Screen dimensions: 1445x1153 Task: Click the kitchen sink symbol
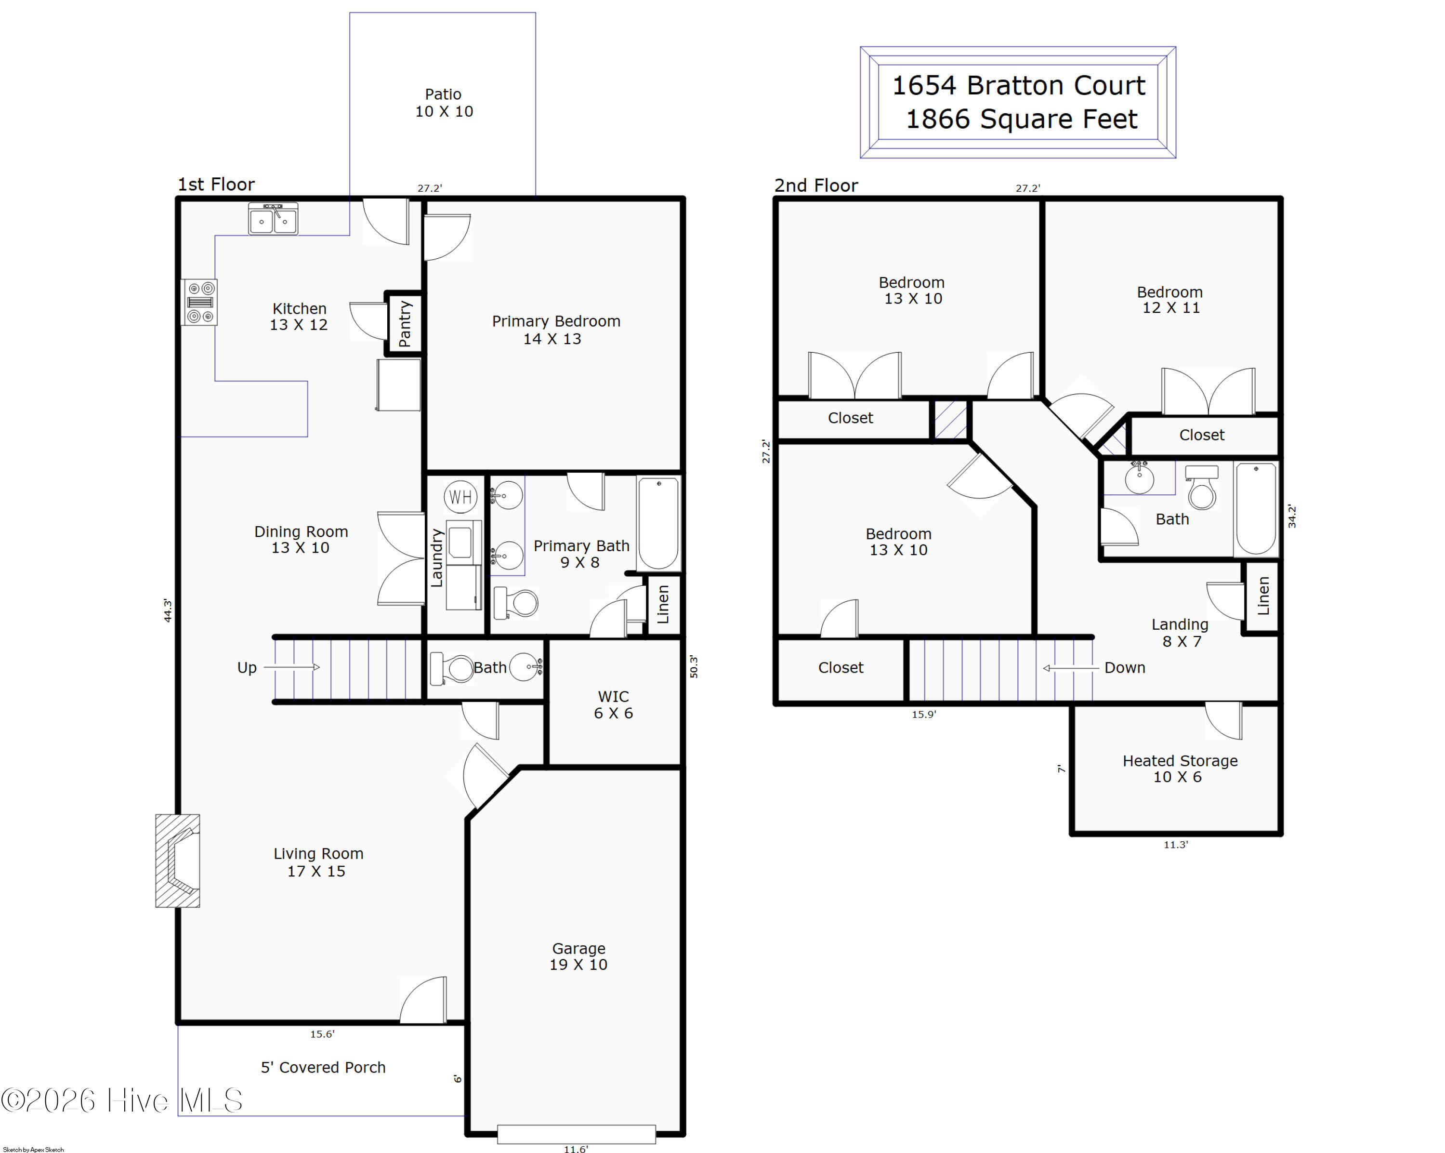click(x=274, y=219)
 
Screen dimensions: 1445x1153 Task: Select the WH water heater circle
click(x=460, y=497)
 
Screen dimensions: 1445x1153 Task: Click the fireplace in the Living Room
click(x=178, y=861)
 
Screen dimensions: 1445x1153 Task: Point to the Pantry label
click(x=405, y=324)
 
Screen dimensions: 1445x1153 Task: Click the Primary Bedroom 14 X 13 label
click(x=556, y=330)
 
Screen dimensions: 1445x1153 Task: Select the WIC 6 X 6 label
click(x=613, y=704)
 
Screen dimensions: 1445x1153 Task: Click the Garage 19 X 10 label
click(x=578, y=956)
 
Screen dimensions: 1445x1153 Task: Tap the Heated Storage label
click(x=1180, y=761)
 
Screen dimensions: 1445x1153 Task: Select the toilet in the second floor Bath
click(x=1202, y=488)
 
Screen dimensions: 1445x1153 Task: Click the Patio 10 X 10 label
click(x=444, y=103)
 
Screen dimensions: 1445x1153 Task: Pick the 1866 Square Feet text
click(x=1022, y=119)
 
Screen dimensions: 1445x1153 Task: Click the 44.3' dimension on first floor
click(x=168, y=610)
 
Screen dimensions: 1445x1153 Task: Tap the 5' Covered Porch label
click(x=323, y=1067)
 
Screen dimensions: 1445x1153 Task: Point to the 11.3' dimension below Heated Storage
click(x=1176, y=845)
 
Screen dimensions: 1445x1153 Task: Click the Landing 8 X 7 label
click(x=1180, y=633)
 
